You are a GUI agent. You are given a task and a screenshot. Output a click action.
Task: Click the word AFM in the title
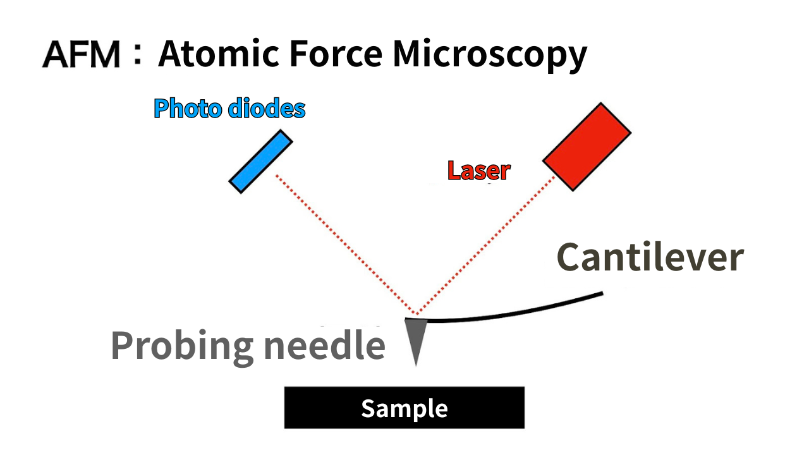[x=82, y=56]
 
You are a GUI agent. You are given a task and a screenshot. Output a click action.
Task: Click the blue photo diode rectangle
[x=260, y=161]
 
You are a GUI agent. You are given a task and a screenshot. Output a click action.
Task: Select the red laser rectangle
[x=587, y=147]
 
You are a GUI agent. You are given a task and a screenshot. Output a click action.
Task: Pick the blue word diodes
[x=266, y=109]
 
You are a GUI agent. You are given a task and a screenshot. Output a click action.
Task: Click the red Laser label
[x=478, y=171]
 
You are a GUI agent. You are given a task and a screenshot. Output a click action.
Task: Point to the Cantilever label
[x=650, y=258]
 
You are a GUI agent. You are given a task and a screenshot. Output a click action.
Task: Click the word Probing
[x=183, y=346]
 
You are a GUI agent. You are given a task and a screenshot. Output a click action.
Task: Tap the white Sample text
[x=404, y=409]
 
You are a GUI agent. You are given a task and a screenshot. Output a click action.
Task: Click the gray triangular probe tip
[x=415, y=335]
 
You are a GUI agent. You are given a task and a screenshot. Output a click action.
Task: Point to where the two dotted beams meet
[x=415, y=314]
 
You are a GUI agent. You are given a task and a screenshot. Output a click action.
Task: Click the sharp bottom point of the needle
[x=416, y=364]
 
